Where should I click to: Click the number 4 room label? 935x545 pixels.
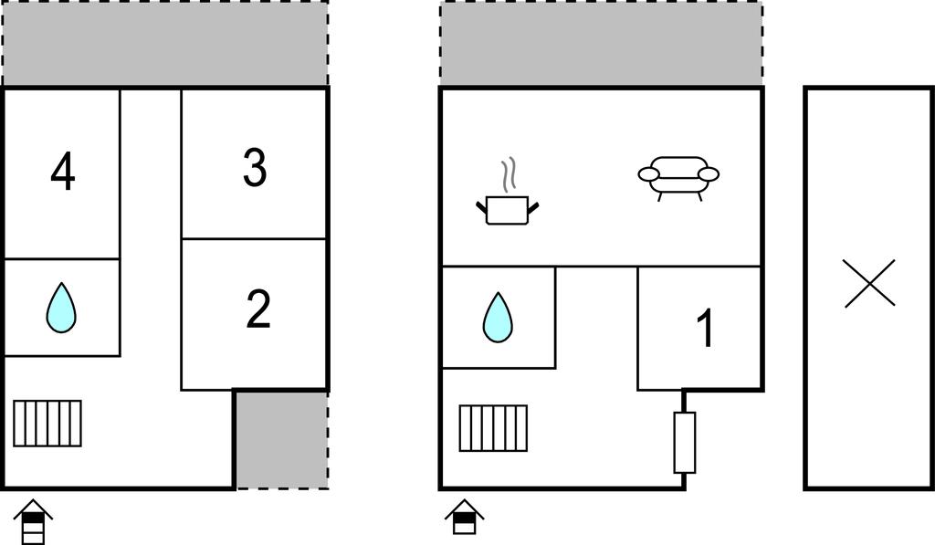click(63, 172)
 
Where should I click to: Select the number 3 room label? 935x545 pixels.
click(255, 168)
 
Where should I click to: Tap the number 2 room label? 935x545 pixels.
click(258, 309)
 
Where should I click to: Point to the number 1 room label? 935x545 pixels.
click(706, 328)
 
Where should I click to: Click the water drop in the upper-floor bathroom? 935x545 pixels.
click(61, 308)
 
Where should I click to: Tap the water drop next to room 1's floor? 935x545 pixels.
click(498, 317)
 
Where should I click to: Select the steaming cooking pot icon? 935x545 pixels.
click(508, 192)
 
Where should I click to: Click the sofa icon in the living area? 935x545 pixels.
click(678, 178)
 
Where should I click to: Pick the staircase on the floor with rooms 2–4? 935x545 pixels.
click(47, 424)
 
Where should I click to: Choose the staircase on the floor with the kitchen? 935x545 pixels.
click(493, 428)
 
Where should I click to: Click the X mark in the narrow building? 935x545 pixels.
click(869, 283)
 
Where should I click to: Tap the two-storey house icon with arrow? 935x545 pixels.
click(34, 521)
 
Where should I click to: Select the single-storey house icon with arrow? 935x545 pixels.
click(465, 517)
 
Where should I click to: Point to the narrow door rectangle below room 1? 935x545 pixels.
click(685, 442)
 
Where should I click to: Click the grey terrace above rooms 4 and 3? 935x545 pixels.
click(165, 43)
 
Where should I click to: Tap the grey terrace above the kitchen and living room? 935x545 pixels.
click(601, 43)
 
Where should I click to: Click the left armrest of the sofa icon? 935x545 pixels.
click(649, 174)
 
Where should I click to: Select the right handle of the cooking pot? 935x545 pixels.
click(533, 208)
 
